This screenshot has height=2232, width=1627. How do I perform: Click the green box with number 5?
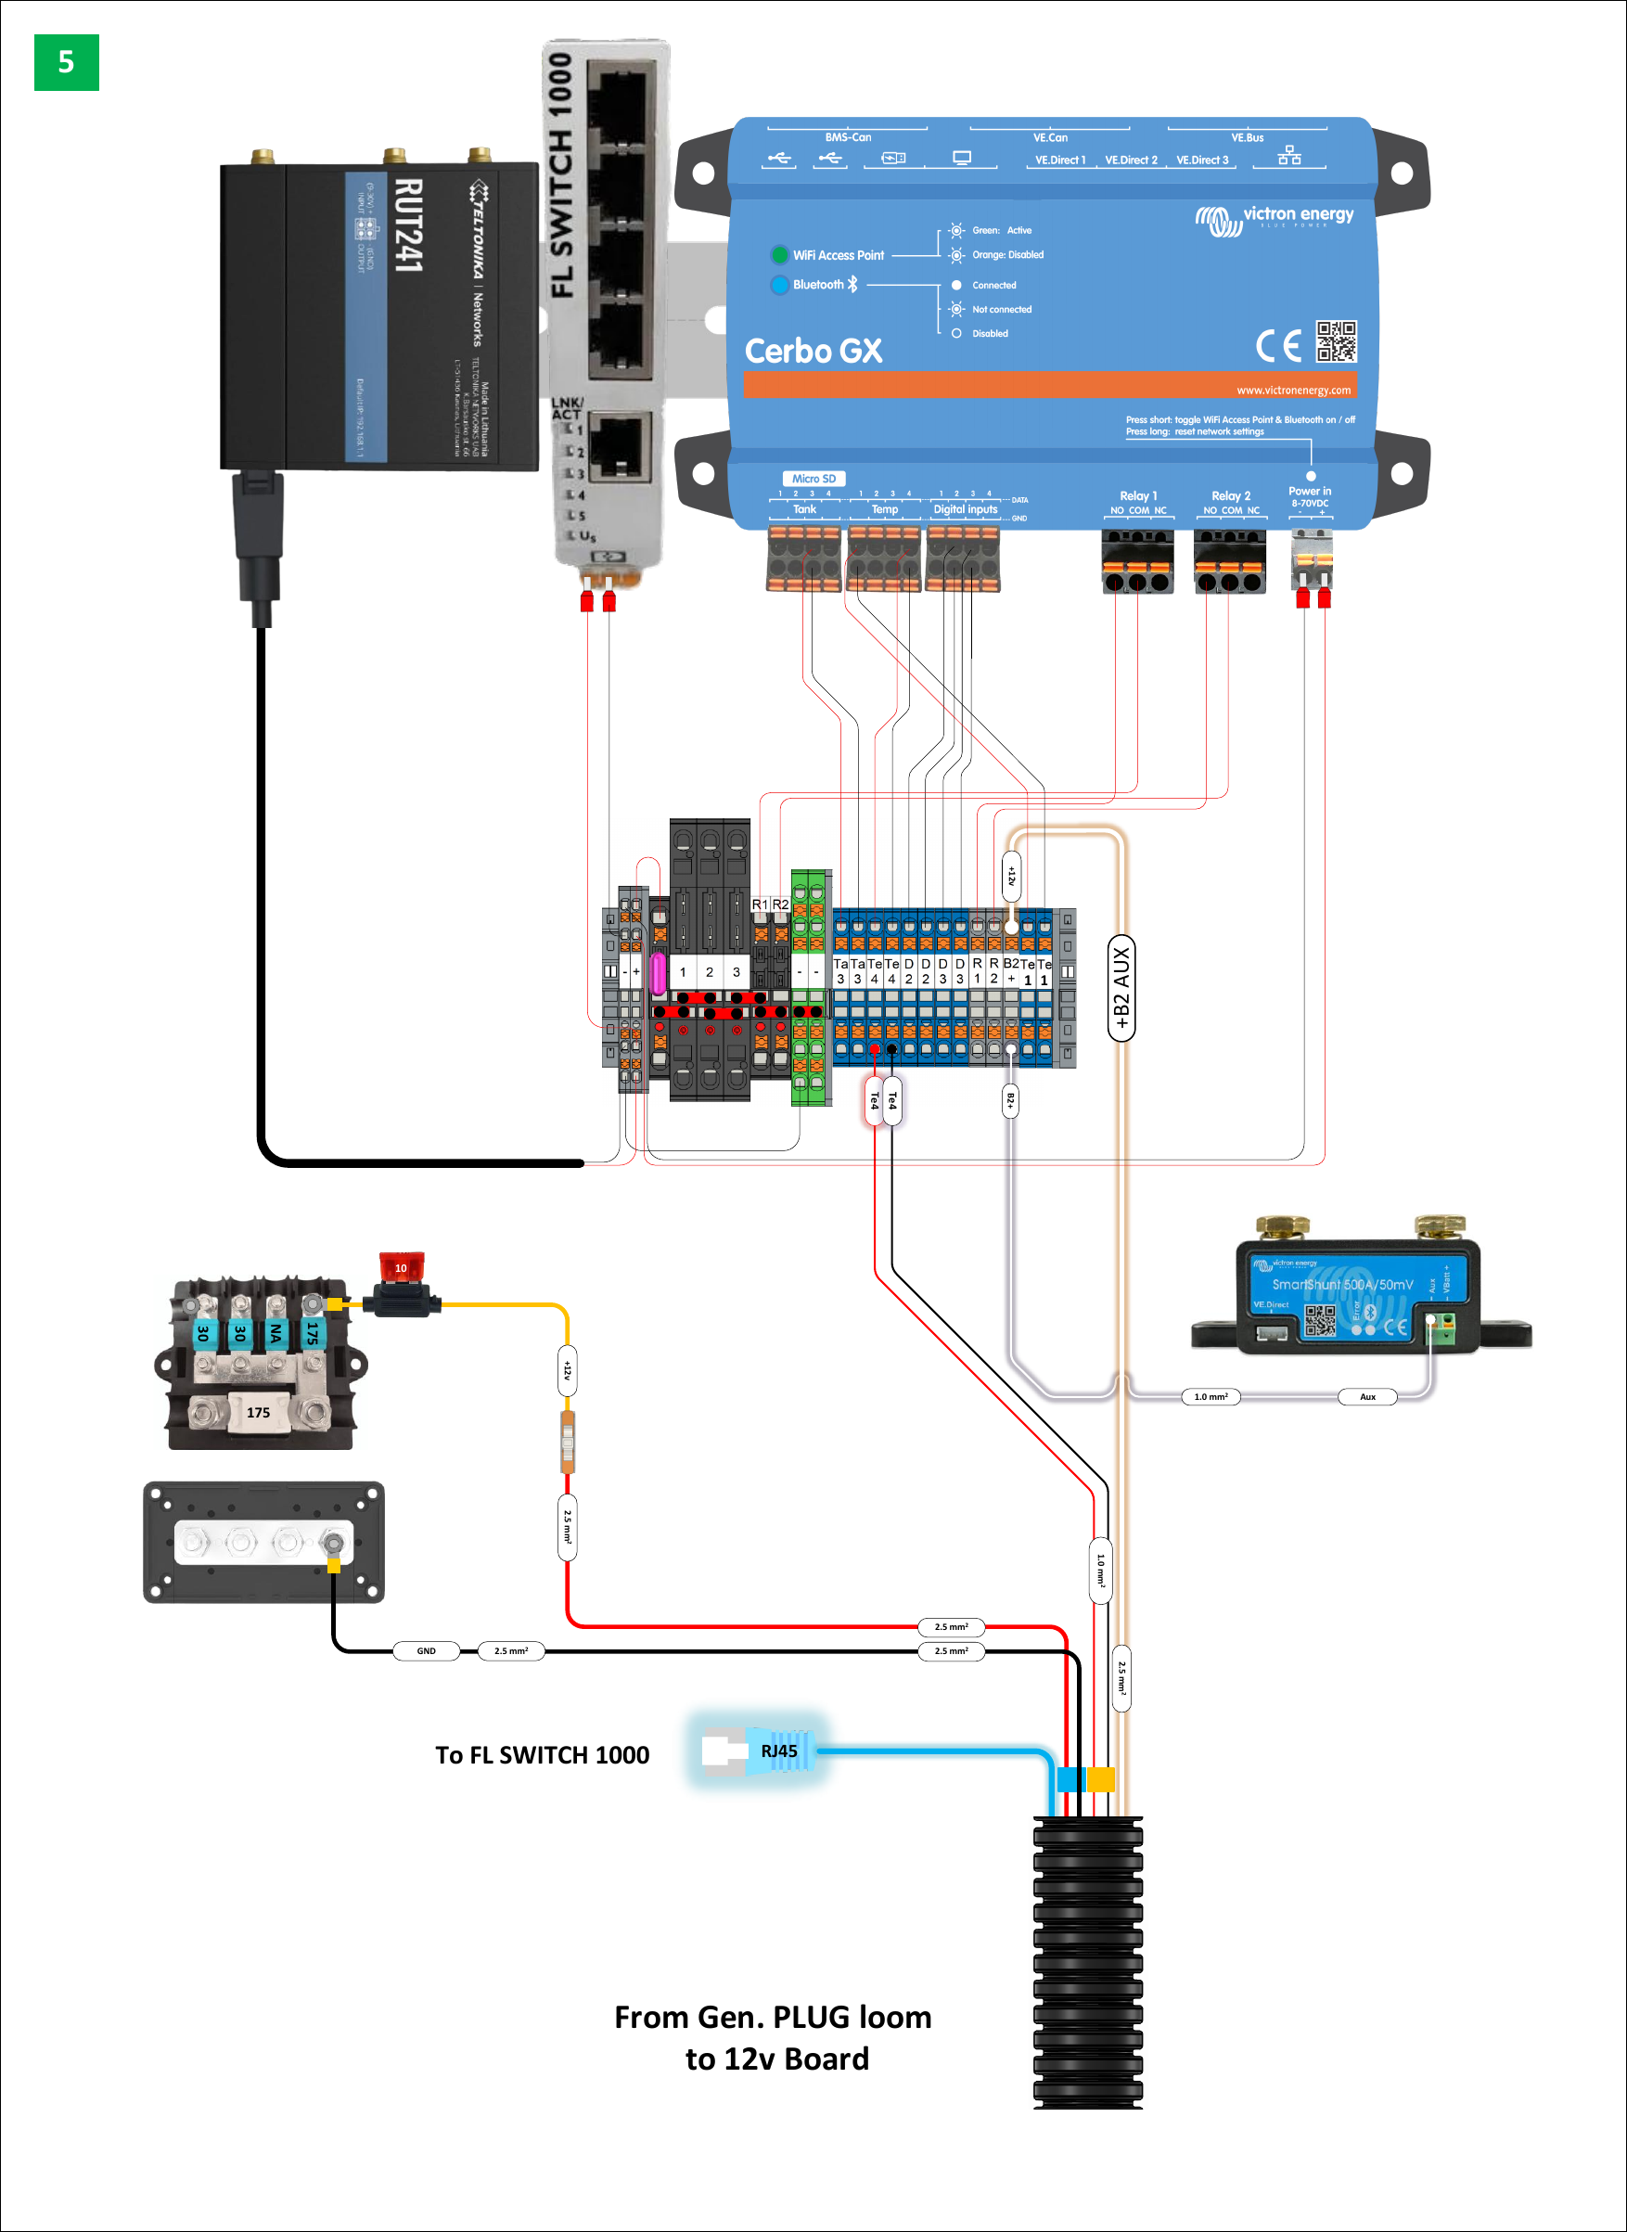[66, 62]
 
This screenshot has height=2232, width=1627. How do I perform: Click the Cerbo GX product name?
[813, 351]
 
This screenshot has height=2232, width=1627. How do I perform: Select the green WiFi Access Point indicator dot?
[779, 255]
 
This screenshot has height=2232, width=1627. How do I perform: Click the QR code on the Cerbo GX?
[1337, 340]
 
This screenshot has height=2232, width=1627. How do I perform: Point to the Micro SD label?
[813, 479]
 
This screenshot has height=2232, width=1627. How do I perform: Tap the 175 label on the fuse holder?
[258, 1413]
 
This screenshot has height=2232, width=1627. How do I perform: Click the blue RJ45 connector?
[778, 1751]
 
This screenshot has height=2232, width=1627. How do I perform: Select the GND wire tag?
[426, 1651]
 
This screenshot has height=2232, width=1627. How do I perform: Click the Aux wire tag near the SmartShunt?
[1367, 1397]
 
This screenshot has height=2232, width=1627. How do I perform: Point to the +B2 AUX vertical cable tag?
[1121, 988]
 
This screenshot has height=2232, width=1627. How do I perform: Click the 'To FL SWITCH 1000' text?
[542, 1755]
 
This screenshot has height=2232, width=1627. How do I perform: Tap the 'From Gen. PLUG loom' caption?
[772, 2018]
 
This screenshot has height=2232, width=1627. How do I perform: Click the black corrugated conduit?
[1087, 1960]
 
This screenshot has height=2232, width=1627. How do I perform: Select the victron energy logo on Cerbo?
[1275, 218]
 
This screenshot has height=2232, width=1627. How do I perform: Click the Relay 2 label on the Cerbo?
[1230, 495]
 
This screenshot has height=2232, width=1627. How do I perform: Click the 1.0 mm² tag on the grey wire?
[1211, 1397]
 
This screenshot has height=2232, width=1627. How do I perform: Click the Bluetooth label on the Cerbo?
[818, 285]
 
